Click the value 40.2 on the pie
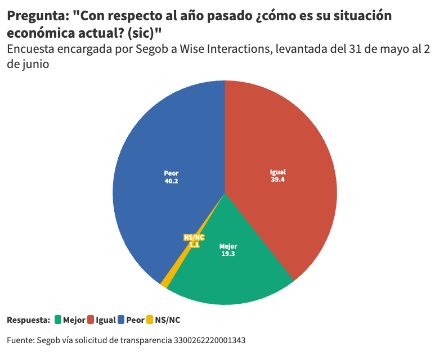pos(171,182)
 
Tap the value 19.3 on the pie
pos(228,254)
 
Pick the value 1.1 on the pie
pos(194,245)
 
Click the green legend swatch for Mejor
pos(57,320)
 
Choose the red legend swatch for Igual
pos(90,320)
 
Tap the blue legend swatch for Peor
pos(120,320)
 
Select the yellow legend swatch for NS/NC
pos(149,320)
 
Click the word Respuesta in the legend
pos(28,320)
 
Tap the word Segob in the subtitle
pos(154,49)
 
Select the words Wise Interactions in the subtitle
pos(220,49)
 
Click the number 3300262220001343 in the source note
pos(209,340)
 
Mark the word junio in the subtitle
pos(35,64)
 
